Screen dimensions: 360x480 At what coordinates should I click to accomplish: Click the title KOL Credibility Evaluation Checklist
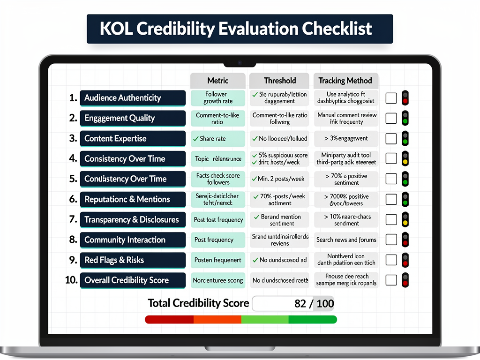click(x=240, y=29)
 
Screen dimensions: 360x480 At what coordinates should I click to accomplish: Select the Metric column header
click(x=217, y=81)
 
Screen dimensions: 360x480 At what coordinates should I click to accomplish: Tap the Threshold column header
click(x=279, y=81)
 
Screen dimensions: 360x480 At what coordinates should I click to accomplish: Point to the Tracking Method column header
click(x=345, y=81)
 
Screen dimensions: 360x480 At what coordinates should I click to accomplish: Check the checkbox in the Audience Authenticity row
click(x=391, y=98)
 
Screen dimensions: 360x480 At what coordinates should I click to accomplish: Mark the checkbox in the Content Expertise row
click(x=391, y=139)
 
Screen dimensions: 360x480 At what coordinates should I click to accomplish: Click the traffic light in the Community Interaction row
click(x=405, y=240)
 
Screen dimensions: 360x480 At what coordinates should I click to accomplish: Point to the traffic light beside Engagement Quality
click(x=405, y=118)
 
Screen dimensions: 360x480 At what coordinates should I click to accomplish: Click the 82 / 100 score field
click(x=293, y=303)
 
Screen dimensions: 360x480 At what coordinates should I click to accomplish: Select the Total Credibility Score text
click(x=198, y=303)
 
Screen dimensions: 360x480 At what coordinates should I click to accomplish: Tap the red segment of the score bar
click(x=169, y=320)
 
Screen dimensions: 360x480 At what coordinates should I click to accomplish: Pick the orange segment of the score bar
click(x=217, y=320)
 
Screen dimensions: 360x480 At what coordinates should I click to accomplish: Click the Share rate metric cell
click(x=217, y=139)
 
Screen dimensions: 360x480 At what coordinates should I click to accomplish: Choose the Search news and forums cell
click(x=346, y=240)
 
